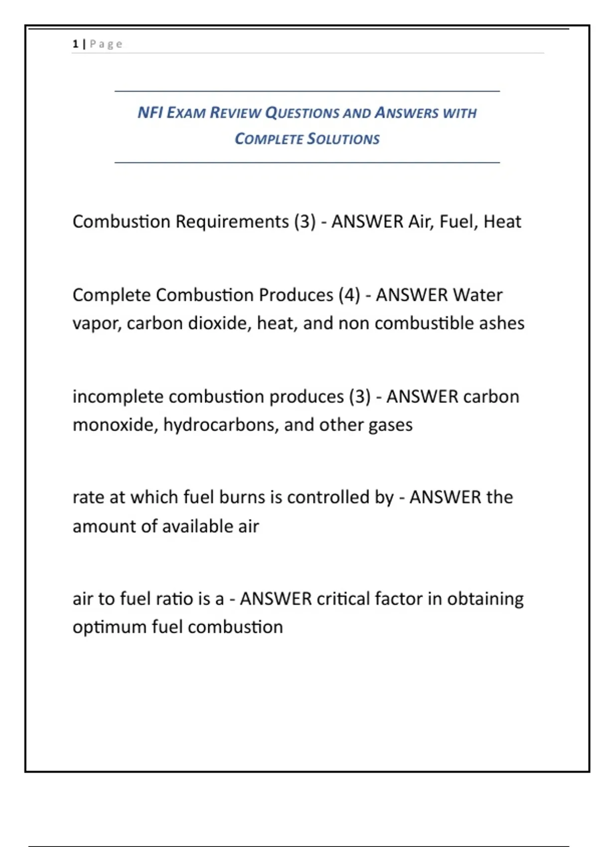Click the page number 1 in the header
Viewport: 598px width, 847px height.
tap(75, 44)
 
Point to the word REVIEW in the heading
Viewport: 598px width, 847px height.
tap(235, 113)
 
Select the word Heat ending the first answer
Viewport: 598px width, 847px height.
tap(502, 222)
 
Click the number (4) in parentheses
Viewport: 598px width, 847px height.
tap(349, 295)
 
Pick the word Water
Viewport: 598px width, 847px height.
tap(477, 295)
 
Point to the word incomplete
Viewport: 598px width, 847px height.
tap(118, 397)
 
